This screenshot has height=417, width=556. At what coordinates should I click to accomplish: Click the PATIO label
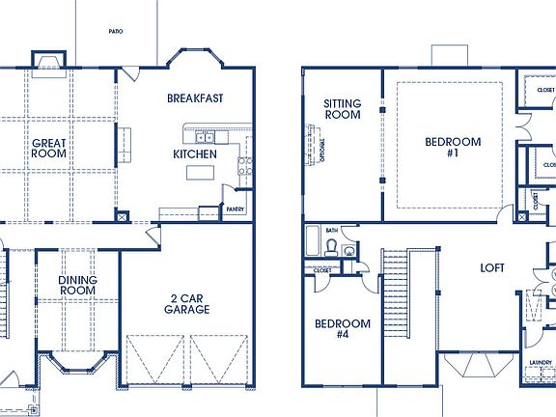pos(115,31)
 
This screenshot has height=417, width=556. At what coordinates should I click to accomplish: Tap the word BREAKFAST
pos(196,98)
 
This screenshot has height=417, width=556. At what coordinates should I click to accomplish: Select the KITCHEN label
pos(194,154)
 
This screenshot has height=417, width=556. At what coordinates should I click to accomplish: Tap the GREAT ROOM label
pos(48,149)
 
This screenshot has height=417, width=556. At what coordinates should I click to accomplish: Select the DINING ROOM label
pos(77,285)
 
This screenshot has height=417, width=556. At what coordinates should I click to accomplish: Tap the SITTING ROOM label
pos(342,109)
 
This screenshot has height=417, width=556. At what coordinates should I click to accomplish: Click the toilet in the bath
pos(330,249)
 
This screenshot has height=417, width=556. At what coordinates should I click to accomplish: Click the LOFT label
pos(493,269)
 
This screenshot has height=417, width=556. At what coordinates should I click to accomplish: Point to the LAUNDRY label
pos(540,363)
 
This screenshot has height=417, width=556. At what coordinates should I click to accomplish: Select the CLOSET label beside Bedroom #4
pos(321,271)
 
